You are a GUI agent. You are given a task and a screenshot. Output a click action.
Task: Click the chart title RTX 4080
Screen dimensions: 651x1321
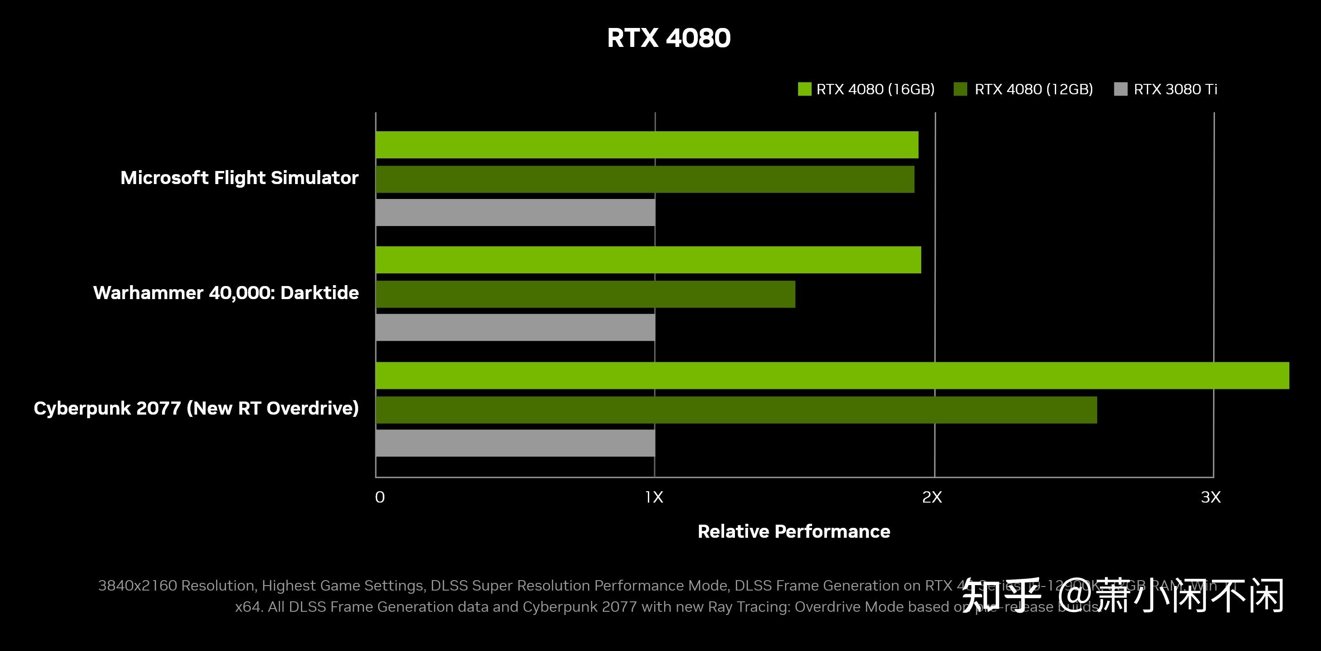pos(668,38)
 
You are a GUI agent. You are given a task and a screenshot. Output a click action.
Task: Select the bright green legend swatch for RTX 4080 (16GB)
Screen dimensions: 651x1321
pos(804,89)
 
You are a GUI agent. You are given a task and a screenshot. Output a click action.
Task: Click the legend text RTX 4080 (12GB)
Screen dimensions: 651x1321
pos(1033,89)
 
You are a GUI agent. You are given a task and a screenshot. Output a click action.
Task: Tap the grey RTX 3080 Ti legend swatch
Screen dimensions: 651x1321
pos(1121,89)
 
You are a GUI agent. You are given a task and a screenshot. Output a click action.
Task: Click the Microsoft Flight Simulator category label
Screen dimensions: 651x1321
pos(239,178)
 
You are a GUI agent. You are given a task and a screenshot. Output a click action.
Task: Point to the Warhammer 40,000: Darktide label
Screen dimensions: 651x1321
pos(226,293)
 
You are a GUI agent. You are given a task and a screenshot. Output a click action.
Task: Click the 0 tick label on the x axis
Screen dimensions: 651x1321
pos(379,497)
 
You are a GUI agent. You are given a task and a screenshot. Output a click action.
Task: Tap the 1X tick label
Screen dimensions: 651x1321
pos(654,497)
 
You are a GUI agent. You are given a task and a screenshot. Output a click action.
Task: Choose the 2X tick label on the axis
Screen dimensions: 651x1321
pos(932,497)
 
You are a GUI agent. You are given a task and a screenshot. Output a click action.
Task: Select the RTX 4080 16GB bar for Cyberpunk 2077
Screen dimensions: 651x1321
pos(831,375)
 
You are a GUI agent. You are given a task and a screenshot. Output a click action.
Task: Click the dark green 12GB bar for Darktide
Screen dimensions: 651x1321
pos(585,294)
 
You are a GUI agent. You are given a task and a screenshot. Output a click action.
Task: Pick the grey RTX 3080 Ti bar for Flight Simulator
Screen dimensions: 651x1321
pos(515,212)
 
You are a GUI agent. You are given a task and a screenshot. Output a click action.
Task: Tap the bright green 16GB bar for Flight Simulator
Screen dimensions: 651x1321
pos(646,144)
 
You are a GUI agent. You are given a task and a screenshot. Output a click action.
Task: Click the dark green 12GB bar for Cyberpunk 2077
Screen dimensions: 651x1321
pos(736,410)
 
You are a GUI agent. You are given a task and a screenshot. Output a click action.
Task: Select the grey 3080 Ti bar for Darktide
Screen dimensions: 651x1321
pos(515,327)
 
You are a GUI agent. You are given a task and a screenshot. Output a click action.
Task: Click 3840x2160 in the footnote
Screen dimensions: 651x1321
pos(138,586)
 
